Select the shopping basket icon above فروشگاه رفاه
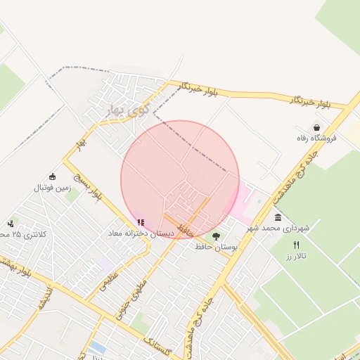pyautogui.click(x=316, y=127)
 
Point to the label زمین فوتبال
pyautogui.click(x=53, y=188)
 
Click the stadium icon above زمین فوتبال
pyautogui.click(x=53, y=176)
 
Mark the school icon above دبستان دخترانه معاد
pyautogui.click(x=141, y=222)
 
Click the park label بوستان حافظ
pyautogui.click(x=217, y=247)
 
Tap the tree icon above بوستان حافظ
pyautogui.click(x=216, y=236)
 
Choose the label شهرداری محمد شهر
pyautogui.click(x=278, y=229)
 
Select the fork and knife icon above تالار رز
pyautogui.click(x=296, y=244)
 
